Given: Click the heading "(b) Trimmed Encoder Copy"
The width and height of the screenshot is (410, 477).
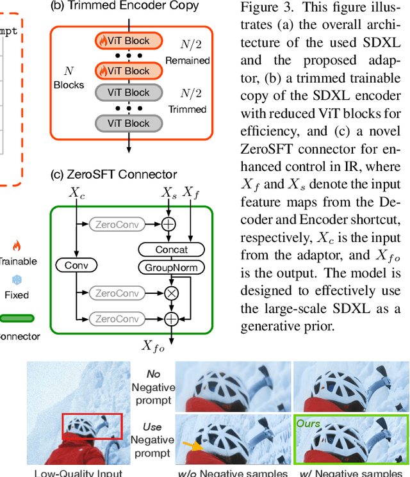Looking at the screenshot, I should pyautogui.click(x=124, y=6).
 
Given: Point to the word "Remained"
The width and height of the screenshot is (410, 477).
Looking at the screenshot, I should pyautogui.click(x=187, y=61).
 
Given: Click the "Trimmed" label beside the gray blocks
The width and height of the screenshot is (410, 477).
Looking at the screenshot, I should pyautogui.click(x=187, y=109).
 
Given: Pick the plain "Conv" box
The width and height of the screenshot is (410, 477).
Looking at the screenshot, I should pyautogui.click(x=76, y=265).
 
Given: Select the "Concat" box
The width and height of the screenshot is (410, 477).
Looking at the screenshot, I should pyautogui.click(x=171, y=250).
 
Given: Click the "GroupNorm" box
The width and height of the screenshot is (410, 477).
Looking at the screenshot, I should pyautogui.click(x=171, y=268).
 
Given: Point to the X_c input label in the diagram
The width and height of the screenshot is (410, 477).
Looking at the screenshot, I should pyautogui.click(x=76, y=192).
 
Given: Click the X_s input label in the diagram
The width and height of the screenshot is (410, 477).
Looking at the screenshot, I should pyautogui.click(x=168, y=192).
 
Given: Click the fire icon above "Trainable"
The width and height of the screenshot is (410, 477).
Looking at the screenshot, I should pyautogui.click(x=17, y=246).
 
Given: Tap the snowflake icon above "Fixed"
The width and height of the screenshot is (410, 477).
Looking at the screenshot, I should pyautogui.click(x=17, y=280).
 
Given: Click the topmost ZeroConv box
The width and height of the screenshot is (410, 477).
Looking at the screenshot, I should pyautogui.click(x=118, y=224).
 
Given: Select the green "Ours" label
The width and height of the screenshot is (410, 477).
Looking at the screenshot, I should pyautogui.click(x=307, y=424).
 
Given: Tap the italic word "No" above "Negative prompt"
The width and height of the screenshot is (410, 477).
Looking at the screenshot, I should pyautogui.click(x=152, y=374).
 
